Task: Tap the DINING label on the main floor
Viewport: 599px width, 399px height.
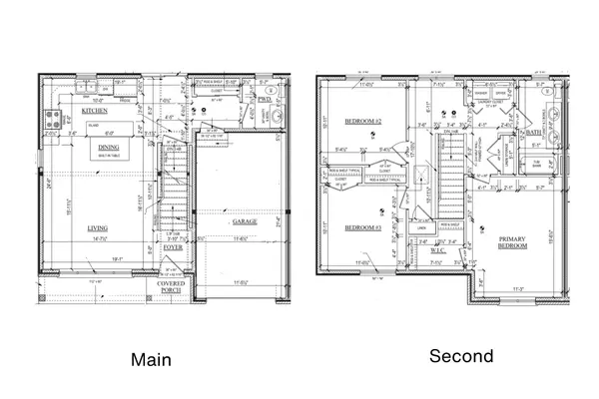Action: point(107,148)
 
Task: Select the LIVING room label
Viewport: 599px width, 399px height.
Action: point(97,227)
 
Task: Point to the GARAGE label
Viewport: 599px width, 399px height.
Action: point(245,221)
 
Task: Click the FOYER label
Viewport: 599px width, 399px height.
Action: point(174,247)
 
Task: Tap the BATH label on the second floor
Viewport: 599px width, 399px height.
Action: point(535,132)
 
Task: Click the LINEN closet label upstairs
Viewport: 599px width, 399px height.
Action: point(423,228)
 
